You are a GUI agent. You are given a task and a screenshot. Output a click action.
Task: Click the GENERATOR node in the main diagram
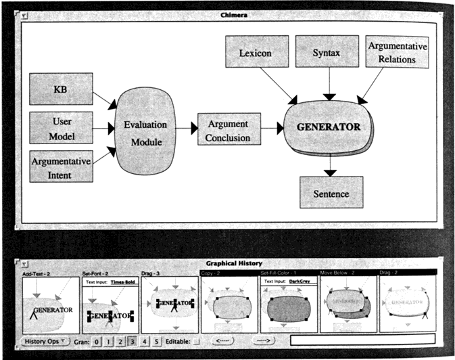click(x=329, y=127)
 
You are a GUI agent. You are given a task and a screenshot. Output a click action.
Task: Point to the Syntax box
click(x=327, y=52)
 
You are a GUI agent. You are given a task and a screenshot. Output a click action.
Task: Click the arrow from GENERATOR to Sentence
click(x=330, y=166)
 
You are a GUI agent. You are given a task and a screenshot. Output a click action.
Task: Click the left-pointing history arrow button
click(x=224, y=340)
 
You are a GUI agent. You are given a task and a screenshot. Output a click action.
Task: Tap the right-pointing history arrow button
click(x=266, y=340)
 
